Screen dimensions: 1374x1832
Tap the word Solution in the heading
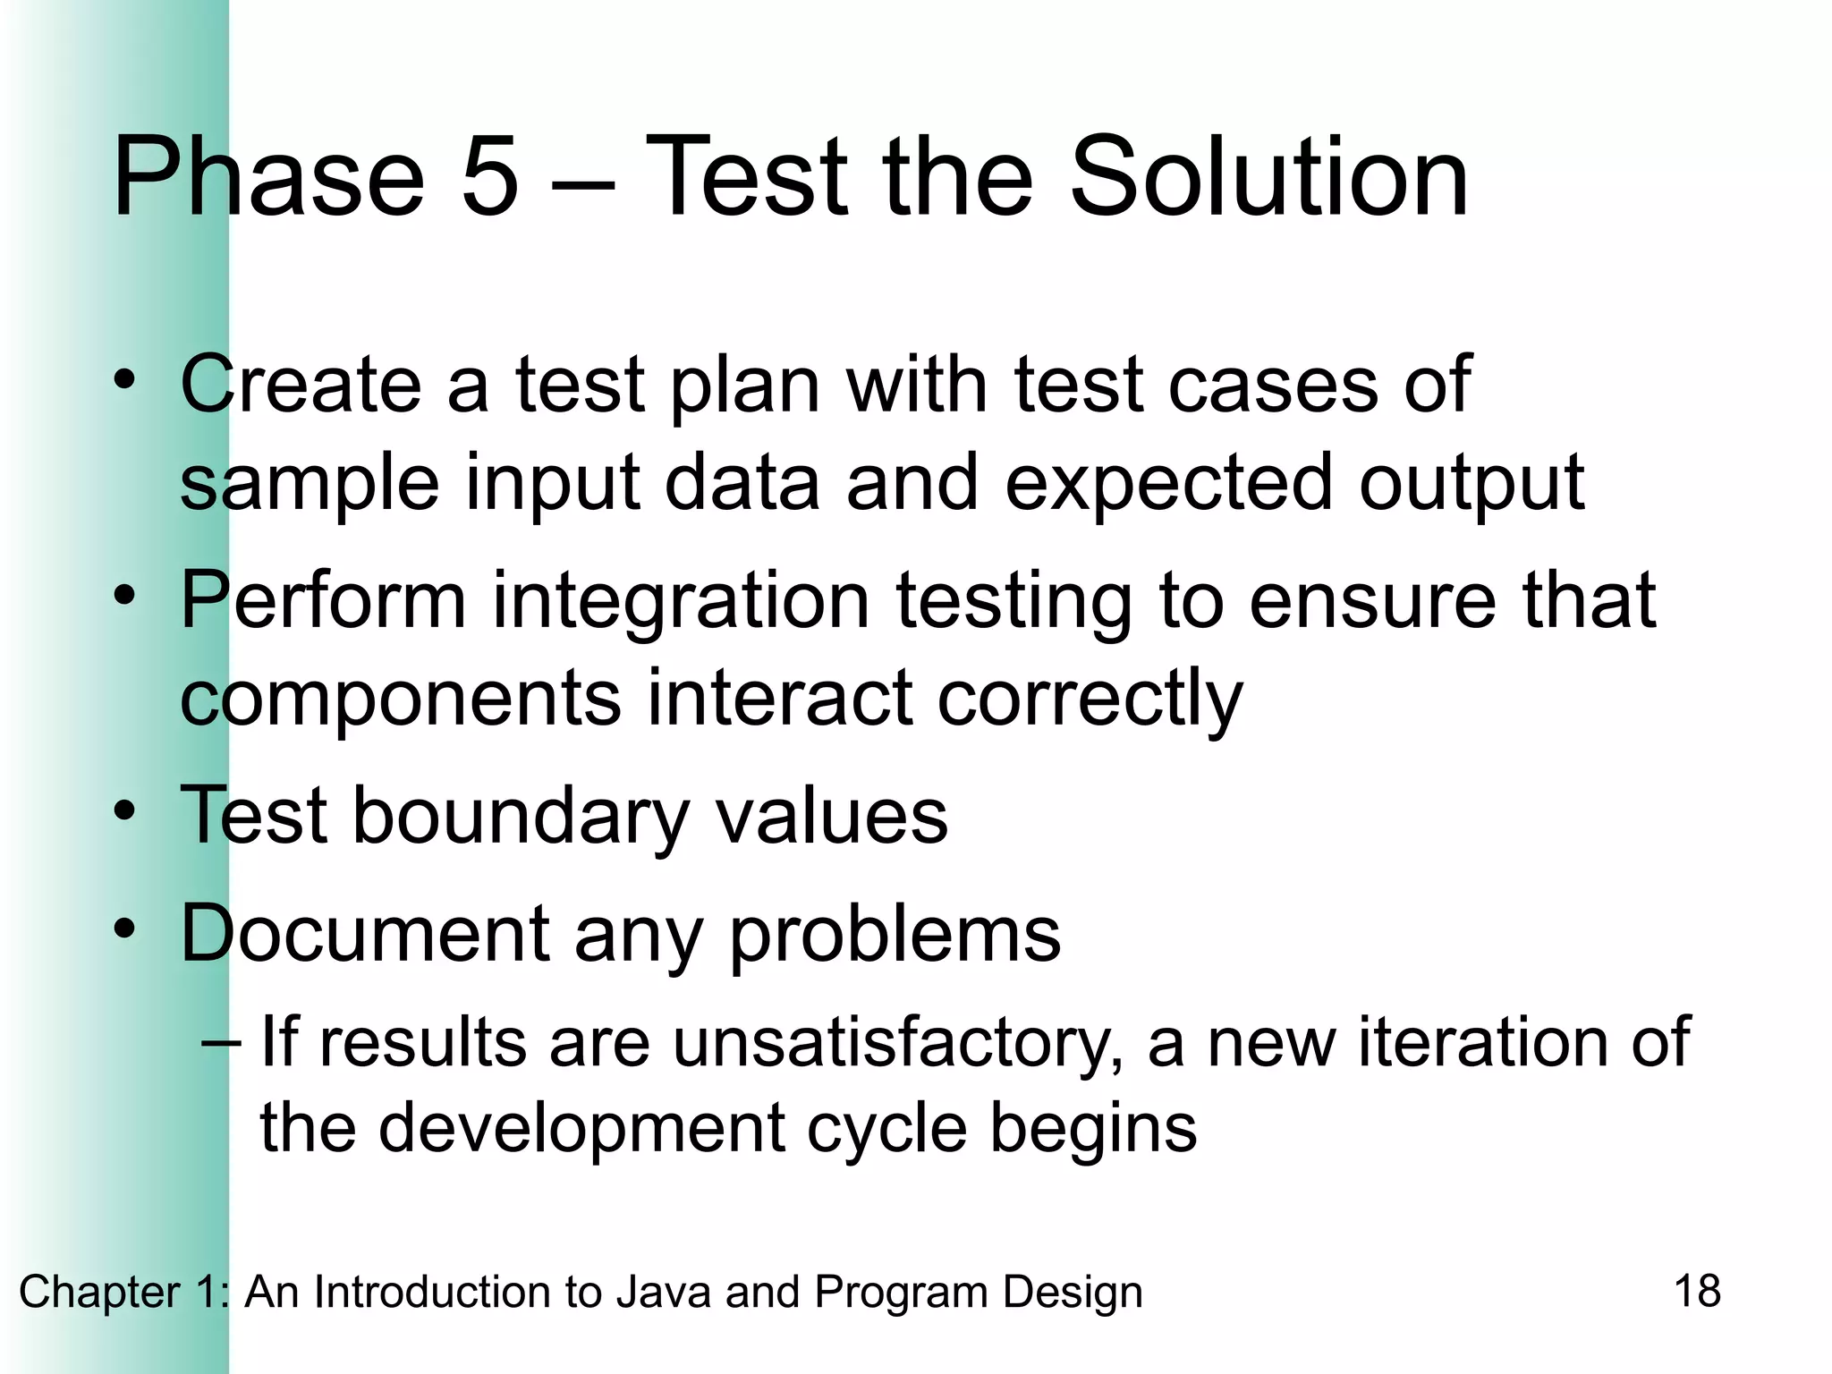1268,176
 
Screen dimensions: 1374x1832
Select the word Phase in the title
267,176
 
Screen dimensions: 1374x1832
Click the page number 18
1696,1292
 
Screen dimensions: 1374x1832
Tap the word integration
681,601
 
